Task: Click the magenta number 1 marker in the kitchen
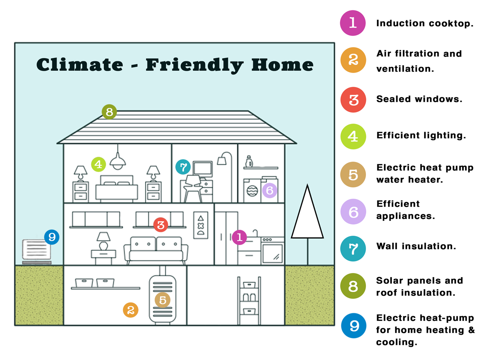click(239, 237)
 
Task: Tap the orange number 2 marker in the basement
click(131, 310)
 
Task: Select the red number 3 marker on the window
click(160, 225)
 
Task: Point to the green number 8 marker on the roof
click(109, 112)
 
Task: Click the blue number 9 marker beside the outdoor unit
click(52, 237)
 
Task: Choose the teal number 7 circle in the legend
click(353, 249)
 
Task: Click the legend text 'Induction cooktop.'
click(425, 23)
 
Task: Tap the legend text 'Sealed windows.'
click(419, 99)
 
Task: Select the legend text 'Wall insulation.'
click(416, 246)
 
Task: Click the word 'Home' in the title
click(282, 65)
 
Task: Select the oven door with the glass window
click(273, 253)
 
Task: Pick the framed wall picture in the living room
click(201, 225)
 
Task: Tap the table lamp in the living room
click(103, 241)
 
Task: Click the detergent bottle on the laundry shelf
click(249, 162)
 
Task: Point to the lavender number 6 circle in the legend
click(353, 211)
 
